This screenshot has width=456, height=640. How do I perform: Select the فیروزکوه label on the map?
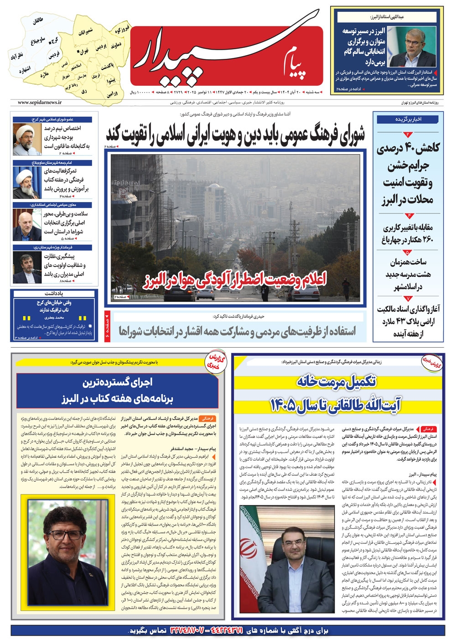click(122, 30)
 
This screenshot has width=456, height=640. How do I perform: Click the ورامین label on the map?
click(112, 94)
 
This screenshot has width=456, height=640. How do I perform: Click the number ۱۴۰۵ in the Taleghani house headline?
click(283, 405)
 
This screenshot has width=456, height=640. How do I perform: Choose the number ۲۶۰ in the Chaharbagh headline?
click(425, 239)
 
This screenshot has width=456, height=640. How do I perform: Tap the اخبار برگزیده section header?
click(408, 119)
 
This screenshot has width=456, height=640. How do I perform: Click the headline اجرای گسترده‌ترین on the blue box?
click(117, 382)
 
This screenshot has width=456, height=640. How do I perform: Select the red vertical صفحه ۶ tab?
click(108, 327)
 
